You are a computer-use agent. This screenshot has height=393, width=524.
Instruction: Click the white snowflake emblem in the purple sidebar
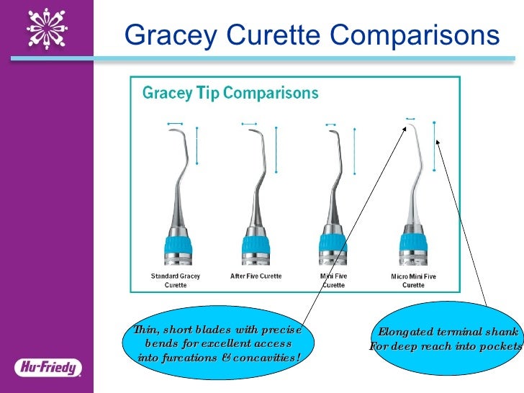coord(48,29)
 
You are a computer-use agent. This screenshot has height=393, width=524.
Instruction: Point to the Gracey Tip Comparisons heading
coord(230,94)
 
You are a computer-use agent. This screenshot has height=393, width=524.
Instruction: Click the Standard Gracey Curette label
coord(175,280)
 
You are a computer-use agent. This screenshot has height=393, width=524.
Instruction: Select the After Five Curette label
coord(256,276)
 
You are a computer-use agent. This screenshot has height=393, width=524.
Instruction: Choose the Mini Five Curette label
coord(333,280)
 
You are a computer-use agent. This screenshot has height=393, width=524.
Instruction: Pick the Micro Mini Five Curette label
coord(413,281)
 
